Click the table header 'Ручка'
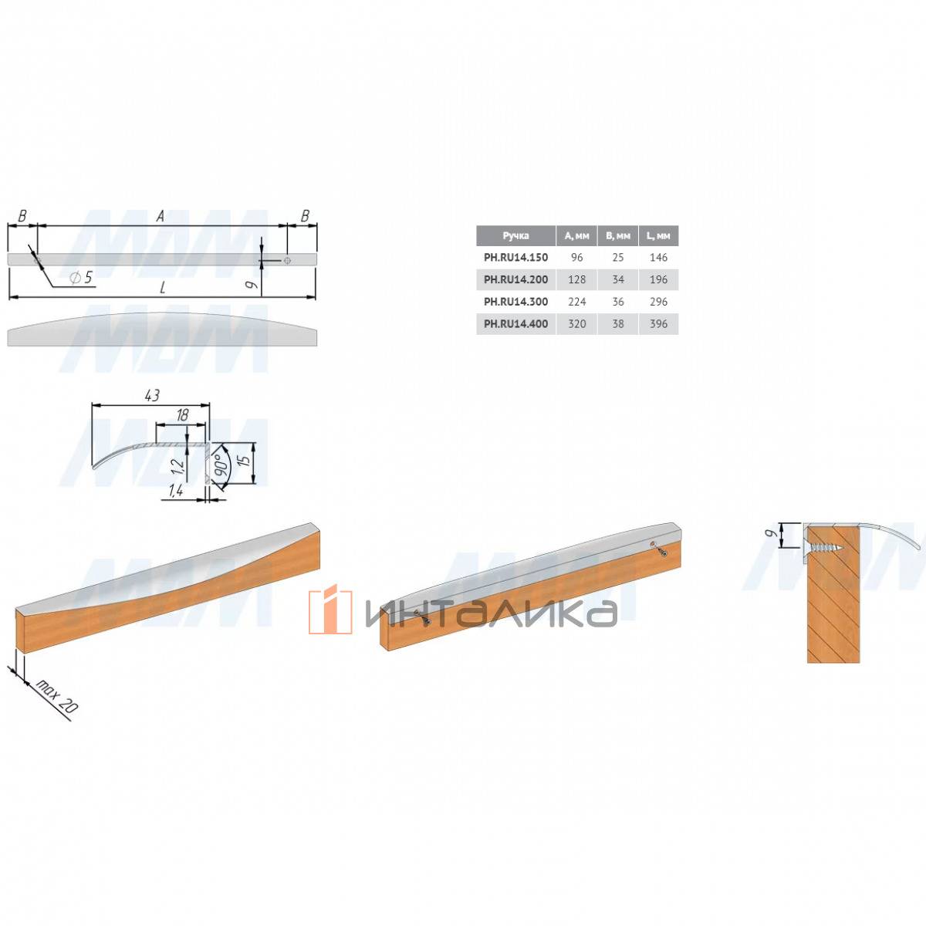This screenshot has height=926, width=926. click(515, 235)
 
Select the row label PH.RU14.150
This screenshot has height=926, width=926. click(515, 257)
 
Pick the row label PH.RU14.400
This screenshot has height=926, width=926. click(515, 323)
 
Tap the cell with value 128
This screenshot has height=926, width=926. click(576, 279)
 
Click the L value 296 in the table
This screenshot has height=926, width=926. click(658, 301)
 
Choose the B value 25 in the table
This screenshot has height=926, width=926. click(618, 257)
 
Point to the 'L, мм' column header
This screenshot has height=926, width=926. click(658, 235)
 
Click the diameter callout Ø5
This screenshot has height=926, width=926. click(81, 277)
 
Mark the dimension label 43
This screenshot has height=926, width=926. click(152, 396)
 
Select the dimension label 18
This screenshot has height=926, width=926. click(182, 415)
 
